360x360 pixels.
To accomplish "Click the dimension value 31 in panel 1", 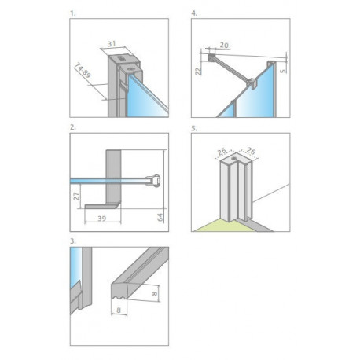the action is (112, 44).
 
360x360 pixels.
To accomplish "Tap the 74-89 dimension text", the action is (83, 70).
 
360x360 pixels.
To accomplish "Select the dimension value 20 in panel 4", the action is (224, 46).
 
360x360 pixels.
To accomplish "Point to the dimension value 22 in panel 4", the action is (198, 71).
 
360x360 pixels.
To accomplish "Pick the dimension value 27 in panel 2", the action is (76, 196).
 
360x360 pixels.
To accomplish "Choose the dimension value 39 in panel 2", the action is (102, 219).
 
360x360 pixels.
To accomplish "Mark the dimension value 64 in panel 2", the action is (160, 217).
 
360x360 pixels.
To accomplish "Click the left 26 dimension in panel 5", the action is (222, 152).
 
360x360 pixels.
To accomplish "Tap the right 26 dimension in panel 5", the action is (251, 151).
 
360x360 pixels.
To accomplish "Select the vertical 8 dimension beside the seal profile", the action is (155, 293).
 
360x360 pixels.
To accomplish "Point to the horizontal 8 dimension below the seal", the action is (119, 310).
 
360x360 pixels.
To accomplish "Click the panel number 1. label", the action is (73, 13).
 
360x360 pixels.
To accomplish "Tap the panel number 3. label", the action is (73, 241).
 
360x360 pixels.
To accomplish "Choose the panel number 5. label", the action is (194, 128).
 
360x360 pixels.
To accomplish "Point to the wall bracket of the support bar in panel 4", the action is (211, 57).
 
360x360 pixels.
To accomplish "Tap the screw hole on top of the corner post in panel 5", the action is (233, 158).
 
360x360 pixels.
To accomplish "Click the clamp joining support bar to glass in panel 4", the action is (252, 83).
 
